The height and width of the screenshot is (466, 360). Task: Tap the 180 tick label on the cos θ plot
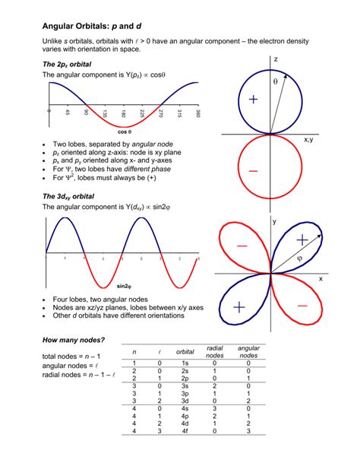point(123,119)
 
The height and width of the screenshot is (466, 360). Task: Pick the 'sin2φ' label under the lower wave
point(124,287)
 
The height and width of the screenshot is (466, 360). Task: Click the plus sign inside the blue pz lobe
point(251,100)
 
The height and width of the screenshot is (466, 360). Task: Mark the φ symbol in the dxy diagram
point(299,258)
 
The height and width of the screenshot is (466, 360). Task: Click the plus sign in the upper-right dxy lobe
point(302,239)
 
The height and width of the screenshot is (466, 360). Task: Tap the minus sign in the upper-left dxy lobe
point(242,246)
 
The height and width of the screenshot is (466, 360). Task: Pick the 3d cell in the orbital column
point(185,401)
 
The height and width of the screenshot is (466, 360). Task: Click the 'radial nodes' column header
point(215,351)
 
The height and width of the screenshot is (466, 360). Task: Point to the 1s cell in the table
point(185,363)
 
